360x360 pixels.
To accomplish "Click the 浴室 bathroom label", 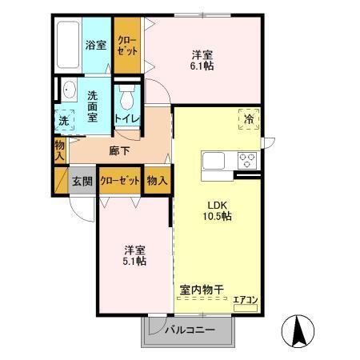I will pos(96,46).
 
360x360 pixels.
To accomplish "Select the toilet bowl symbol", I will pos(126,100).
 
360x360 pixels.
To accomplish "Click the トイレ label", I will pos(126,119).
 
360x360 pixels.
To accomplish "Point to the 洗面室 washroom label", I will pos(92,105).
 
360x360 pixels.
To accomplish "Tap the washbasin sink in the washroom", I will pos(66,90).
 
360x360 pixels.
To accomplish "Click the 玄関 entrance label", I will pos(82,180).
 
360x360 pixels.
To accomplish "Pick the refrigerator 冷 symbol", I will pos(249,120).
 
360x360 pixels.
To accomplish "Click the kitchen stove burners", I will pos(246,159).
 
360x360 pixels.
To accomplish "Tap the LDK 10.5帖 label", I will pos(216,210).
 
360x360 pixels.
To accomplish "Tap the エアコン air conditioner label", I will pos(244,302).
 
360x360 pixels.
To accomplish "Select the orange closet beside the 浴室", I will pos(127,46).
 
